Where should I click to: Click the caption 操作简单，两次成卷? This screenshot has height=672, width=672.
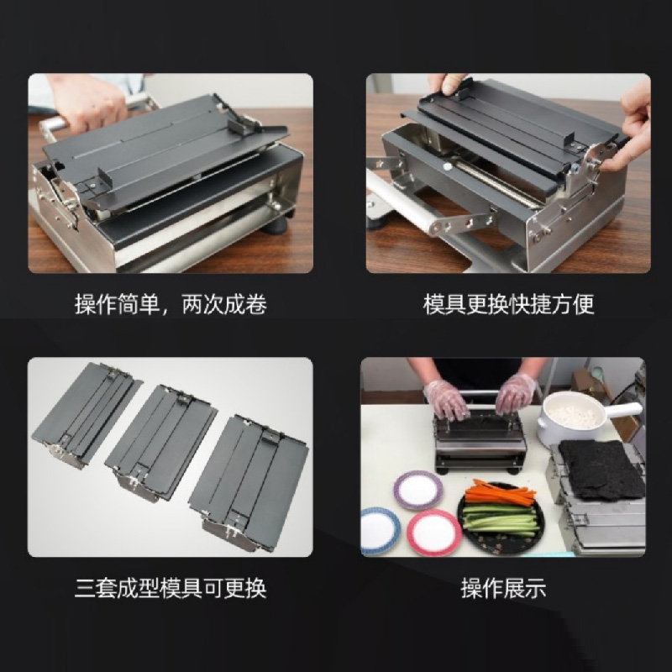point(171,304)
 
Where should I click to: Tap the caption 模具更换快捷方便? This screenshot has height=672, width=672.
point(509,304)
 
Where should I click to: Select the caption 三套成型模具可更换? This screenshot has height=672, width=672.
point(171,588)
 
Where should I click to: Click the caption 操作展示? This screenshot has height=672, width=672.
point(503,588)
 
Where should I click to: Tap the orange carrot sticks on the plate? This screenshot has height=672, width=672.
point(500,493)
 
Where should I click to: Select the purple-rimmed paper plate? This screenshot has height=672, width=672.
point(417,491)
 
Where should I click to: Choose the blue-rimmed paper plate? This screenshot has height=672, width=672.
point(380,532)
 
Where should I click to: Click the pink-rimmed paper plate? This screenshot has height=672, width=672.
point(433,533)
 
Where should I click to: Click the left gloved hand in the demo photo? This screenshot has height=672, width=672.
point(446,401)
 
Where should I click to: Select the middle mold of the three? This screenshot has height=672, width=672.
point(160,443)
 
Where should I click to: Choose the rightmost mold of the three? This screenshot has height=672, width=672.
point(249,482)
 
